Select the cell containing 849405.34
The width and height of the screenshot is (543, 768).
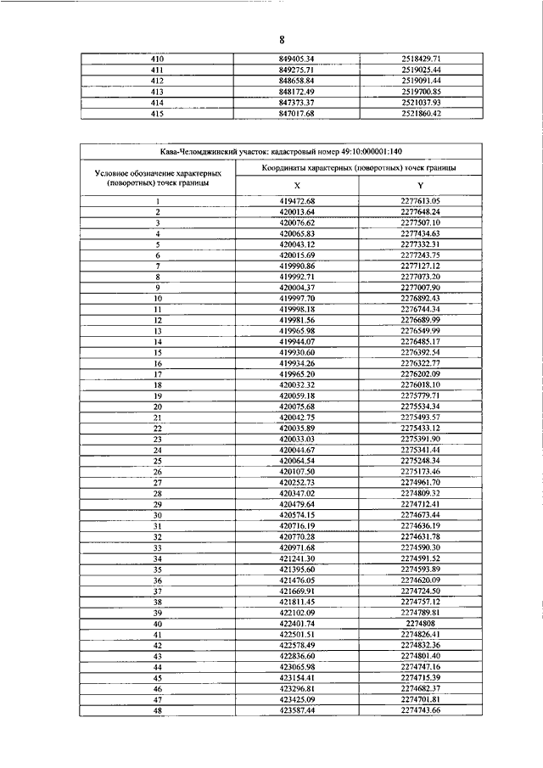[297, 59]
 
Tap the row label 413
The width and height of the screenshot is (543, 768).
[156, 91]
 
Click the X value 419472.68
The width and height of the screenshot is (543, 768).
[297, 200]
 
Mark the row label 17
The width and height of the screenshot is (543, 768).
[157, 373]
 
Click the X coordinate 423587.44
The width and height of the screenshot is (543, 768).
[297, 734]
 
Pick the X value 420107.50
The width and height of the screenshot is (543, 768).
[297, 471]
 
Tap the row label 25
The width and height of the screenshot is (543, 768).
[157, 460]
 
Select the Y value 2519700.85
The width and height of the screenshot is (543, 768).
[421, 91]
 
